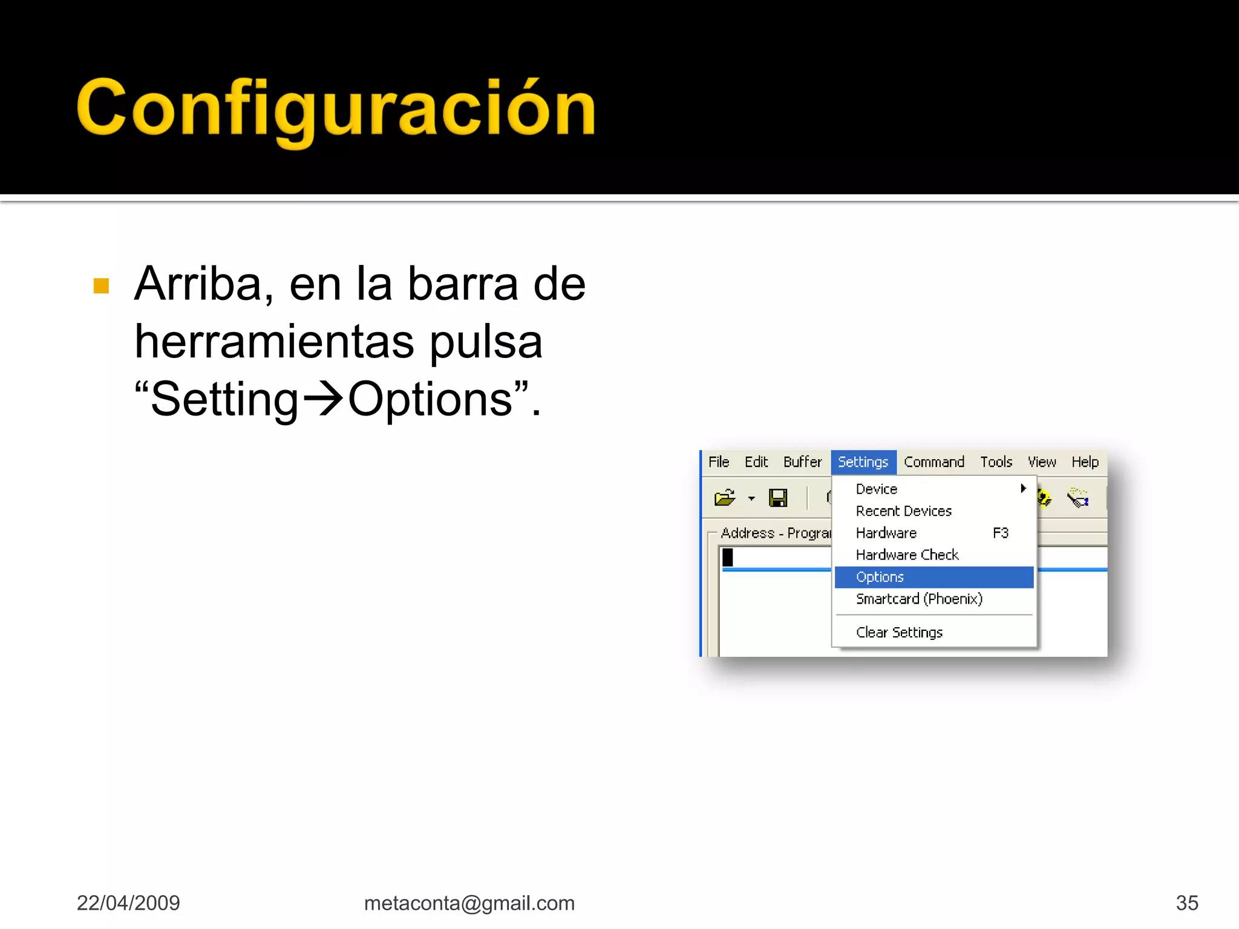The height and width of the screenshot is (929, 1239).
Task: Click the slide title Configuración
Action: tap(336, 109)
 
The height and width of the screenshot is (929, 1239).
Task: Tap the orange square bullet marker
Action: tap(102, 285)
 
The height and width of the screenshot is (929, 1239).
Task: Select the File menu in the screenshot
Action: tap(719, 462)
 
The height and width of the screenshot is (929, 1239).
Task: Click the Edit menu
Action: tap(756, 462)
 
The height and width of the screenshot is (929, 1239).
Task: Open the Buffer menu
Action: tap(802, 462)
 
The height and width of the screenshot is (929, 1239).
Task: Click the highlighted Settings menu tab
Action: tap(863, 462)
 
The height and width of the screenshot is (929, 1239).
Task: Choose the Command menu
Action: tap(933, 462)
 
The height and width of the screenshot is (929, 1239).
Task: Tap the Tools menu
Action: tap(996, 462)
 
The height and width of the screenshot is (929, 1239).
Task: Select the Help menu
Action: tap(1085, 462)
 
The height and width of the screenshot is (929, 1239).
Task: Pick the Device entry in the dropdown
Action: tap(877, 489)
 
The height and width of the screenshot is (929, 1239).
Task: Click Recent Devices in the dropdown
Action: tap(903, 511)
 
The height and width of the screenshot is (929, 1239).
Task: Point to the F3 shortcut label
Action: tap(1001, 533)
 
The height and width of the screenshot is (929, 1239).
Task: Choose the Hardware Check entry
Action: tap(907, 555)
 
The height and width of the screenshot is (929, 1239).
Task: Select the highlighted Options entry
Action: tap(880, 577)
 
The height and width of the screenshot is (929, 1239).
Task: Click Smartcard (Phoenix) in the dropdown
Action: tap(919, 599)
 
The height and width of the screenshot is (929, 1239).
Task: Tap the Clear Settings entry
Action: tap(899, 632)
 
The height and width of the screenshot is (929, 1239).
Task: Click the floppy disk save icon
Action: tap(778, 498)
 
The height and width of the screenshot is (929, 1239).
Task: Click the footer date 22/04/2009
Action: tap(128, 903)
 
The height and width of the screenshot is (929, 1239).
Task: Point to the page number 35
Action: tap(1187, 903)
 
